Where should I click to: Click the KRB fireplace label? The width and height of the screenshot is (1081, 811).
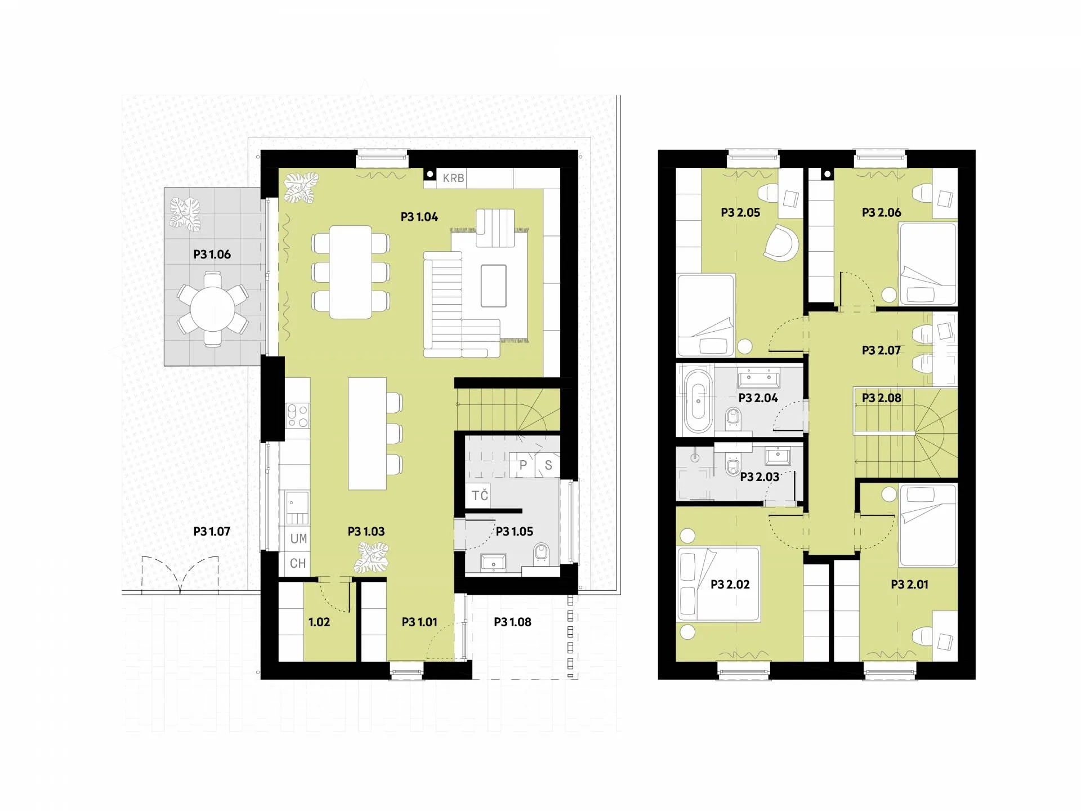[453, 178]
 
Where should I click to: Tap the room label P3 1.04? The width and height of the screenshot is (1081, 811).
[419, 217]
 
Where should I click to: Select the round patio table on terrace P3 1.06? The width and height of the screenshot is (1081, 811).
[212, 309]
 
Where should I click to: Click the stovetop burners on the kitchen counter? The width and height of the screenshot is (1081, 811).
[298, 416]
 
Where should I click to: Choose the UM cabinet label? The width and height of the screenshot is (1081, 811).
[298, 538]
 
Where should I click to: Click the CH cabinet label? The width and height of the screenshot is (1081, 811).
[298, 563]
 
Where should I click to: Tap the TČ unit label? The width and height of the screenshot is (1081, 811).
[480, 495]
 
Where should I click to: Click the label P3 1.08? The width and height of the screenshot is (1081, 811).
[512, 622]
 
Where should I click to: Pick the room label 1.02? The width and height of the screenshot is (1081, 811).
[319, 622]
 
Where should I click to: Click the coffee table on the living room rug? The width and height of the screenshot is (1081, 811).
[493, 286]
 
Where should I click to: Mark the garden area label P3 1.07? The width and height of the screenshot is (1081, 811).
[212, 532]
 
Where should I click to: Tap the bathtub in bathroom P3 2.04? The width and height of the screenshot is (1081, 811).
[698, 401]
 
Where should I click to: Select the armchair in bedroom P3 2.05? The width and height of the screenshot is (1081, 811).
[781, 243]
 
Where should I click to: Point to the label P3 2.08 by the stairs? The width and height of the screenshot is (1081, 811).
[882, 398]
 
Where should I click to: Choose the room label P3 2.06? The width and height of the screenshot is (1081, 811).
[882, 213]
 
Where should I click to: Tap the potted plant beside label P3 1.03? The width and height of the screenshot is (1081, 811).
[372, 558]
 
